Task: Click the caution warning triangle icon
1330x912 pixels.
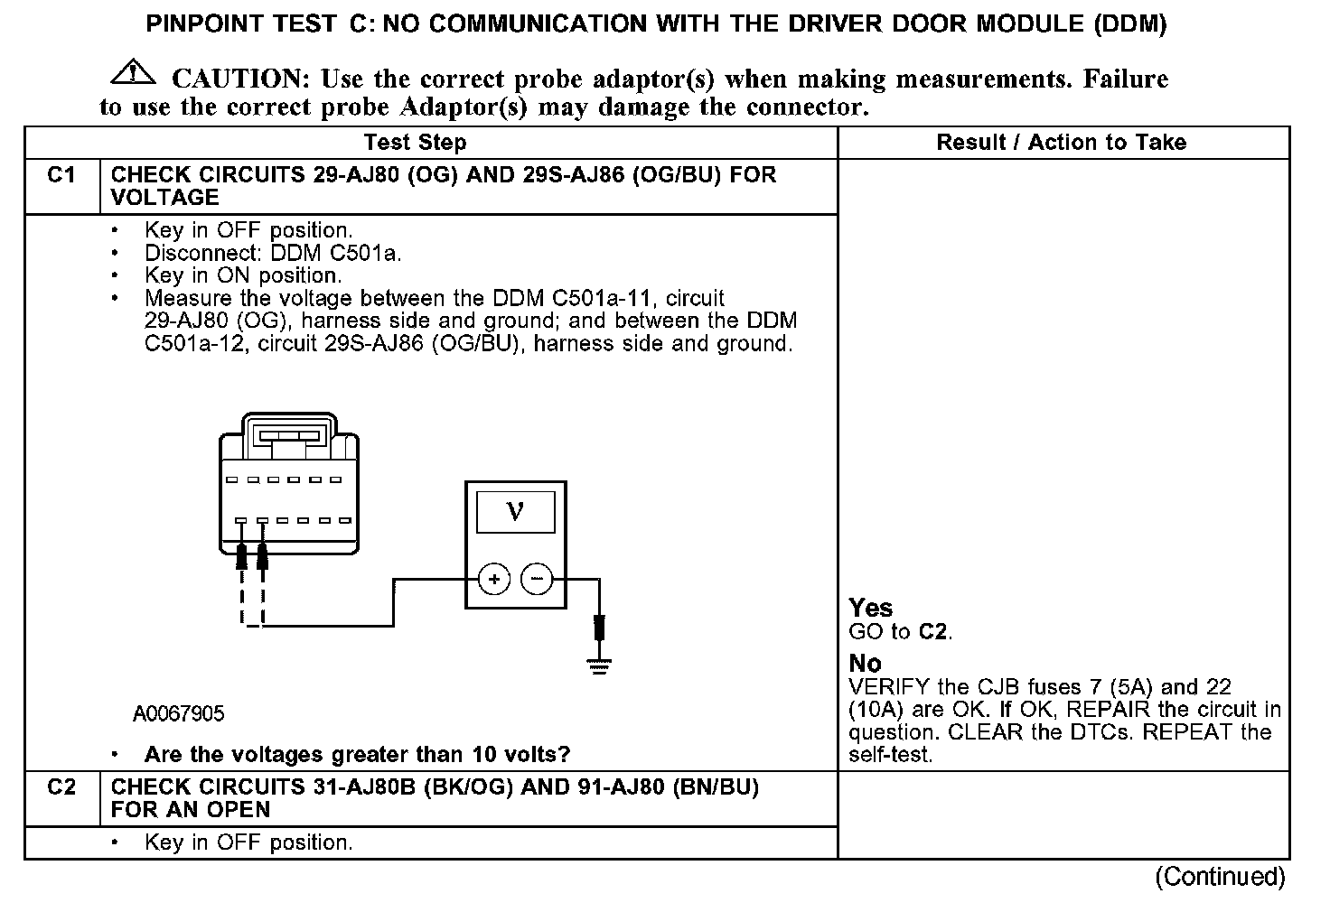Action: tap(132, 70)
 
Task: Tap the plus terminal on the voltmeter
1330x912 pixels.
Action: tap(494, 579)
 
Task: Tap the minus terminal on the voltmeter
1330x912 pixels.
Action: tap(538, 579)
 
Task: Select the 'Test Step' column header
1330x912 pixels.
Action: tap(416, 143)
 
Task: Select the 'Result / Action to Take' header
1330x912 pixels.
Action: tap(1062, 143)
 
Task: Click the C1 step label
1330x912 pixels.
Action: tap(61, 175)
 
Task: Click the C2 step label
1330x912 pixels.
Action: tap(61, 787)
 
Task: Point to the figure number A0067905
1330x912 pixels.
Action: tap(178, 714)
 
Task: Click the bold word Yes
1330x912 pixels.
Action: tap(870, 608)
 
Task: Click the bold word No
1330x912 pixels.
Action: tap(865, 664)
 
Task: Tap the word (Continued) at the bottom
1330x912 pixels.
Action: tap(1220, 876)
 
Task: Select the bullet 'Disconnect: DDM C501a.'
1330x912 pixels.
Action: tap(273, 254)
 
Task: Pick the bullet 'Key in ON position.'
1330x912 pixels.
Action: tap(243, 276)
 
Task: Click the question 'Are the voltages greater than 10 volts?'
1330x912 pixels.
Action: tap(357, 755)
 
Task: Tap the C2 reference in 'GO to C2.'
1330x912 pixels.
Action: tap(933, 631)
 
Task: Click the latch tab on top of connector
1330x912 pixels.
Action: tap(289, 436)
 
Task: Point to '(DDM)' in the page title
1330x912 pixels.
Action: tap(1129, 23)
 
